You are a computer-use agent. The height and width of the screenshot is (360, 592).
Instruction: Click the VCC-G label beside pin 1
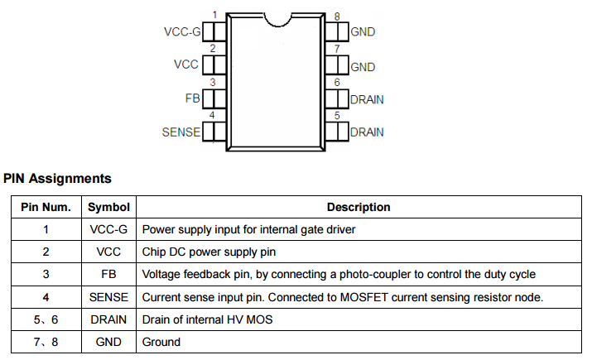[x=184, y=32]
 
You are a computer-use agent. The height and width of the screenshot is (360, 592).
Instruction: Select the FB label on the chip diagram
[x=193, y=98]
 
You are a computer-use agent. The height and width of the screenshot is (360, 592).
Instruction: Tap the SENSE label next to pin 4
[x=181, y=132]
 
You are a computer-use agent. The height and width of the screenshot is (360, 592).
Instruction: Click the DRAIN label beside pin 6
[x=367, y=99]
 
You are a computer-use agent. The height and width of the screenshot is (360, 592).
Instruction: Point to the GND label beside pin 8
[x=363, y=32]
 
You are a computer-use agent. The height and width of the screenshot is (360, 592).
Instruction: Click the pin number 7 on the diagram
[x=337, y=50]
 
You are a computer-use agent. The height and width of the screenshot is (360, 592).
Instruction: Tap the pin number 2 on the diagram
[x=214, y=50]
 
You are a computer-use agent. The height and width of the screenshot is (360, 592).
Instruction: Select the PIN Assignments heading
[x=57, y=178]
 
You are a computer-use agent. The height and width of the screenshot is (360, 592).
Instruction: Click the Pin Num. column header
[x=46, y=207]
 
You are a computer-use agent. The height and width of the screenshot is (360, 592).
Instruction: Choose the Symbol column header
[x=108, y=207]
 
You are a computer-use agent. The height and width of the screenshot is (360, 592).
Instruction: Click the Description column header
[x=359, y=207]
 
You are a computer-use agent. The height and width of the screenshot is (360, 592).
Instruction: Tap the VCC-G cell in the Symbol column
[x=108, y=229]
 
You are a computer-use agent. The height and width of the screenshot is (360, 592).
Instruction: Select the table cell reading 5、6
[x=46, y=319]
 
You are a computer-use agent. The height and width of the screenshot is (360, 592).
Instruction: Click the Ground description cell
[x=161, y=342]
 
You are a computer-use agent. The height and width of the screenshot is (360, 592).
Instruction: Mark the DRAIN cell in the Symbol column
[x=108, y=319]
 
